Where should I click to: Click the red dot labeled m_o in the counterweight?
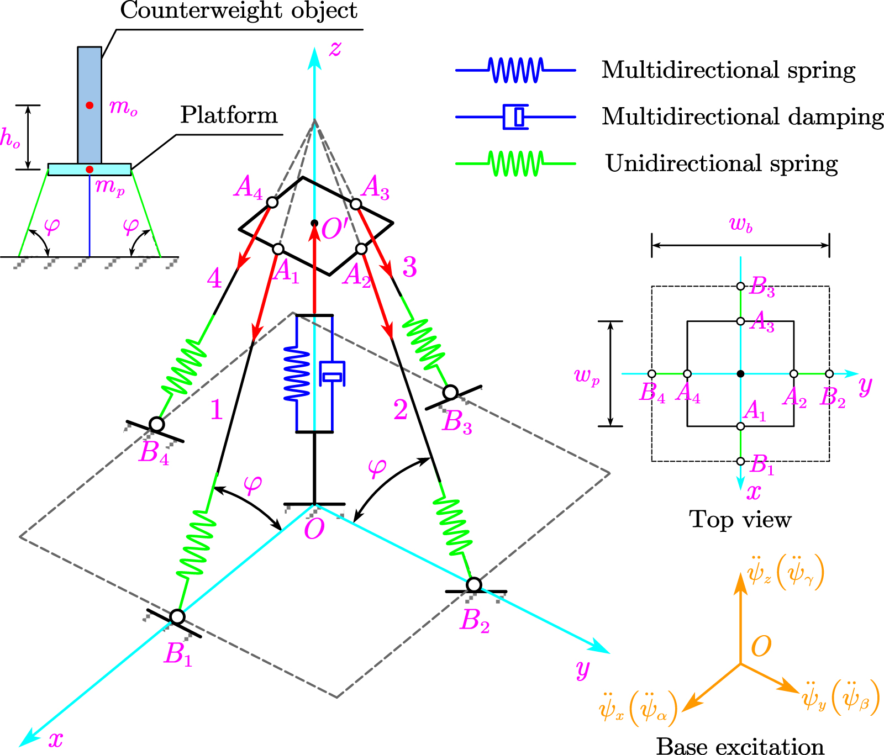click(90, 105)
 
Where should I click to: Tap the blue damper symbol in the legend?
click(516, 117)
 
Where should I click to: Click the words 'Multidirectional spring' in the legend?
click(728, 71)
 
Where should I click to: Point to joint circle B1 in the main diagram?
click(177, 616)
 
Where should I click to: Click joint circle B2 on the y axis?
click(474, 584)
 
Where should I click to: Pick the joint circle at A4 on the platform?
click(272, 202)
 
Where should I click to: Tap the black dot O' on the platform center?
click(314, 223)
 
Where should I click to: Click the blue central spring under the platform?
click(297, 373)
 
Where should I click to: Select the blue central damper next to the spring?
click(333, 374)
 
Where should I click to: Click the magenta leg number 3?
click(409, 267)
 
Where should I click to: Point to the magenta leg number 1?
click(216, 410)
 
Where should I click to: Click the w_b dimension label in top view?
click(741, 225)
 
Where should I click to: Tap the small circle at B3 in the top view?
click(740, 286)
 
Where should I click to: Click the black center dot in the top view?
click(740, 374)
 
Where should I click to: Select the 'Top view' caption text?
click(740, 520)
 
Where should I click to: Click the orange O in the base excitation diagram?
click(761, 646)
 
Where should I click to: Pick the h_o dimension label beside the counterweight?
click(10, 138)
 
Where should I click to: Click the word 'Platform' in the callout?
click(229, 115)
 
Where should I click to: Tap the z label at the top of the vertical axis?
click(335, 49)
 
